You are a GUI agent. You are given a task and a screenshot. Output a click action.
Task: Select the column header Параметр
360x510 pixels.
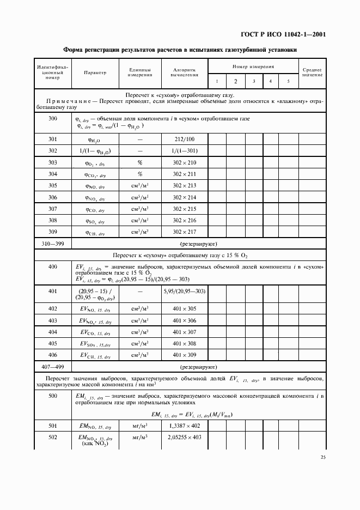coord(95,72)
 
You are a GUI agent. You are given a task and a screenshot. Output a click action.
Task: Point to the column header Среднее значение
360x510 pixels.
coord(312,72)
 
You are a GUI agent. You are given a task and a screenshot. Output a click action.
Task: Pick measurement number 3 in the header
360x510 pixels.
coord(254,81)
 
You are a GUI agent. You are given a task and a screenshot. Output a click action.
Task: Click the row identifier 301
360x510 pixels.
coord(53,139)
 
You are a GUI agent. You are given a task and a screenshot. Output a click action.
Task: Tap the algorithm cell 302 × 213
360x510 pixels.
coord(184,185)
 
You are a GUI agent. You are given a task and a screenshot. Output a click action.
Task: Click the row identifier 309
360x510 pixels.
coord(53,233)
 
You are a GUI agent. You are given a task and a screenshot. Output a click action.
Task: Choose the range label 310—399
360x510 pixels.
coord(53,245)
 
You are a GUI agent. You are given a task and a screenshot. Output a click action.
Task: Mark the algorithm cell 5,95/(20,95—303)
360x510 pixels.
coord(184,291)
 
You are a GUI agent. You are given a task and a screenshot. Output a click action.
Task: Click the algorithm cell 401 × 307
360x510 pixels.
coord(184,332)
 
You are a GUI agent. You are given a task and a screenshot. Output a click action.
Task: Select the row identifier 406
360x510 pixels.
coord(53,355)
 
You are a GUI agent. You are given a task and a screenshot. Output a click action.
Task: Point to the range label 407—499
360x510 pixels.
coord(53,367)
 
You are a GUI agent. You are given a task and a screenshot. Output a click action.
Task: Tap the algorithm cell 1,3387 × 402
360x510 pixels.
coord(184,426)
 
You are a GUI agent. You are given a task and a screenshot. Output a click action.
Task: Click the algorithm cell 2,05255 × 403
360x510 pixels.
coord(184,438)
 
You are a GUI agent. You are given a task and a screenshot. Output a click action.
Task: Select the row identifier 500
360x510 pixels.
coord(53,396)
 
